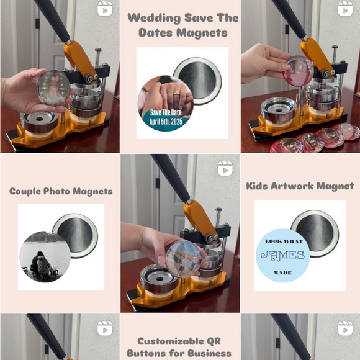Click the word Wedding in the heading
(x=154, y=18)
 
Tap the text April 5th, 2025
(x=166, y=121)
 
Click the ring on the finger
(x=176, y=93)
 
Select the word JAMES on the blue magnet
(x=282, y=255)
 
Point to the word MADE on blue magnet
(x=282, y=272)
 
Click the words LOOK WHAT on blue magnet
(x=284, y=241)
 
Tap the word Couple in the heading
(x=25, y=191)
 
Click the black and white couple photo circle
(x=45, y=257)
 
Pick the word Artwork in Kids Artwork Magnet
(x=292, y=186)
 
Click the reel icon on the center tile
(x=225, y=169)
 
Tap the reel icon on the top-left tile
(x=105, y=9)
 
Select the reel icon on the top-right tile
(x=345, y=9)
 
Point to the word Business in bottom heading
(x=208, y=353)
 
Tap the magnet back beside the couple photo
(x=76, y=236)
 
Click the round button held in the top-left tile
(x=53, y=88)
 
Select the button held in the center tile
(x=184, y=259)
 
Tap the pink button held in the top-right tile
(x=298, y=71)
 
